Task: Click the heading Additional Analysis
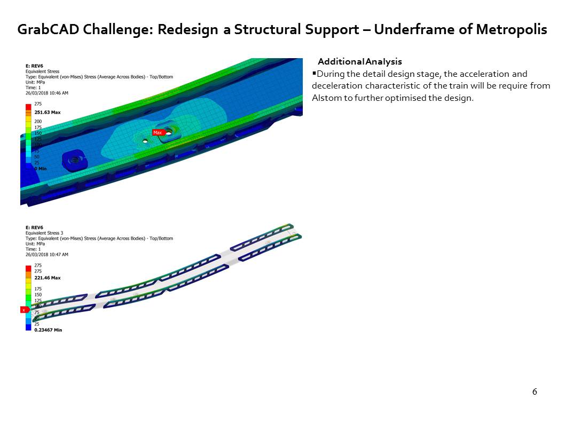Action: [359, 62]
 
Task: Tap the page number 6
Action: [535, 392]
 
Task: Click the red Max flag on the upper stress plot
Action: [158, 132]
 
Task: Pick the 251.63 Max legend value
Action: [48, 113]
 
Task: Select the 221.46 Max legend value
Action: [48, 278]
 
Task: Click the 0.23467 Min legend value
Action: [48, 330]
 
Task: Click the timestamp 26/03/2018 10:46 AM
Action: [47, 93]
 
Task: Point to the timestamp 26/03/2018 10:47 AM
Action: [47, 254]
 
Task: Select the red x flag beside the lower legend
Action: [23, 309]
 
